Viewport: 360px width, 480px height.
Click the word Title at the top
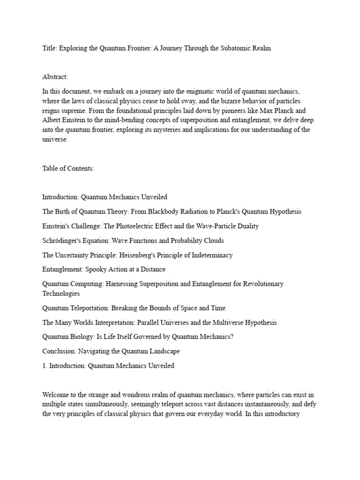coord(49,49)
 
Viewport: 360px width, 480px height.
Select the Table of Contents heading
coord(68,168)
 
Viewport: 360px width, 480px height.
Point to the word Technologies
coord(61,293)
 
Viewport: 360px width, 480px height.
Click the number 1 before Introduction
coord(44,366)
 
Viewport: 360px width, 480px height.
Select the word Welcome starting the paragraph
coord(56,395)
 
